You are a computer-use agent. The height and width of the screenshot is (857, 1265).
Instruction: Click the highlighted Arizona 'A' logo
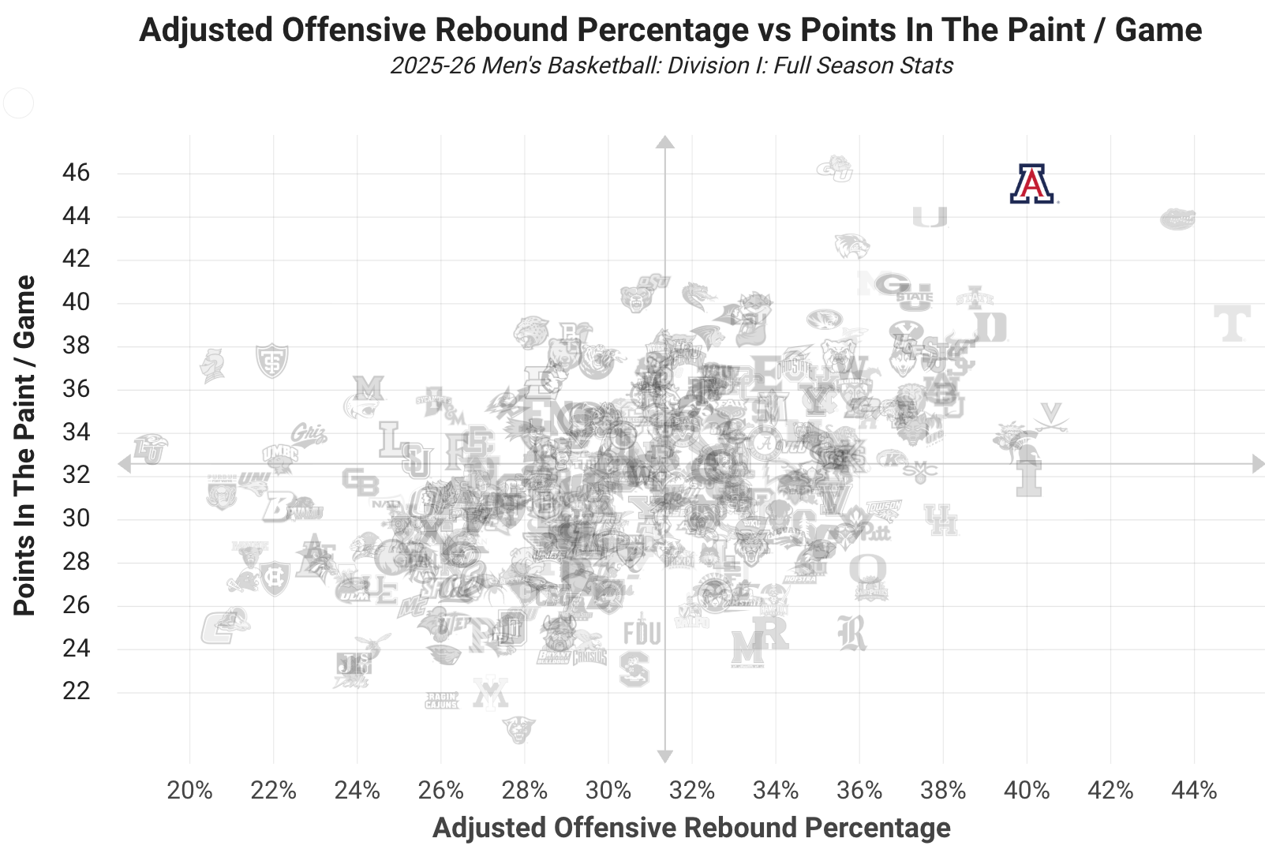[1032, 184]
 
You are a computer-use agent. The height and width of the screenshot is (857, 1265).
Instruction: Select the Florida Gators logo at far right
[1177, 219]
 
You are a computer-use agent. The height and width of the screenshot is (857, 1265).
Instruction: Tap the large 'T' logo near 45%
[1231, 324]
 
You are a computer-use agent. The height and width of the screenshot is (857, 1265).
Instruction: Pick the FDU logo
[642, 633]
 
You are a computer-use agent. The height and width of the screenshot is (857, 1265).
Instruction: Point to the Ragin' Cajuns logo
[441, 701]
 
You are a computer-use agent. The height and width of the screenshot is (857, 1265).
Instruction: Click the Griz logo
[308, 434]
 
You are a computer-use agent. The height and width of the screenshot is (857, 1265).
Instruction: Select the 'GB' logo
[360, 481]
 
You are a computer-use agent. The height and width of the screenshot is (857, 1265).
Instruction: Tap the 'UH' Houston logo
[941, 519]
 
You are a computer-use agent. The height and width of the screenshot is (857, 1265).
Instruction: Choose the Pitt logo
[875, 532]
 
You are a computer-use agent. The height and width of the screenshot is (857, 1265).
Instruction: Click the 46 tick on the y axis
[77, 173]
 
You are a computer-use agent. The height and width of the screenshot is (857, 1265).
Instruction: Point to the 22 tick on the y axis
[77, 691]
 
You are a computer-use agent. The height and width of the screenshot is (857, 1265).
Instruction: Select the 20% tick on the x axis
[190, 790]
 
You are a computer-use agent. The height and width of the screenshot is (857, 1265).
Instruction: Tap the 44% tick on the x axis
[1195, 790]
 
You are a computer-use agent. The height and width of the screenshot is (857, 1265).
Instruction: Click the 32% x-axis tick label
[692, 790]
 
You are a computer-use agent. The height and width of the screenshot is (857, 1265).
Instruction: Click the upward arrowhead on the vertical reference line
[665, 141]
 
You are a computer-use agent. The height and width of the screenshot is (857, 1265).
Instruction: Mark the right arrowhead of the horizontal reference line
[1259, 464]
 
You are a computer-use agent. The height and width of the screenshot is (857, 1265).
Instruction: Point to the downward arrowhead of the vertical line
[665, 757]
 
